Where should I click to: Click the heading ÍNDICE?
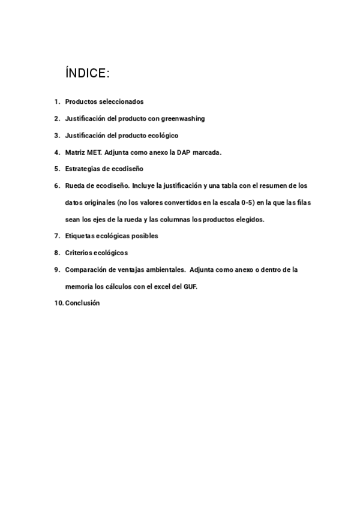pyautogui.click(x=87, y=73)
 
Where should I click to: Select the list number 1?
pyautogui.click(x=56, y=102)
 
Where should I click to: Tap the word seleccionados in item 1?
pyautogui.click(x=121, y=102)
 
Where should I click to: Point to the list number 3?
pyautogui.click(x=56, y=136)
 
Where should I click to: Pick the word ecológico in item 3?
pyautogui.click(x=163, y=136)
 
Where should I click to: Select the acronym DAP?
pyautogui.click(x=183, y=152)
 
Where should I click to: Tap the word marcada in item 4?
pyautogui.click(x=208, y=152)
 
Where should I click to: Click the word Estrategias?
pyautogui.click(x=83, y=169)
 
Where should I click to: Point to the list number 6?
pyautogui.click(x=56, y=186)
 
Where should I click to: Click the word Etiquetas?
pyautogui.click(x=80, y=236)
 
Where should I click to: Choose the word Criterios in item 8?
pyautogui.click(x=79, y=253)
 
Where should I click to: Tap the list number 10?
pyautogui.click(x=58, y=303)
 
